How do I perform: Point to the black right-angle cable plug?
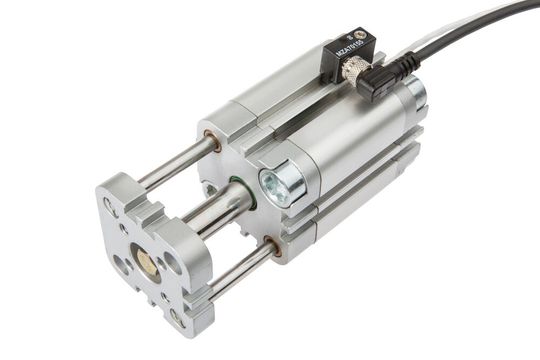click(x=381, y=80)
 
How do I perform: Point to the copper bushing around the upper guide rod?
click(x=212, y=141)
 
